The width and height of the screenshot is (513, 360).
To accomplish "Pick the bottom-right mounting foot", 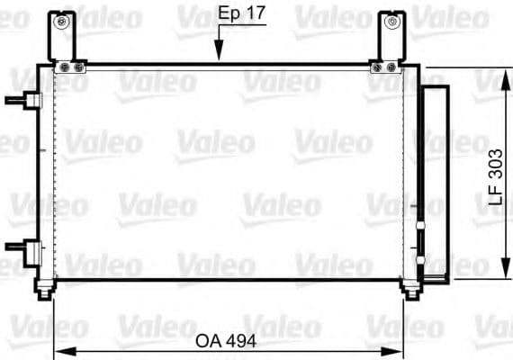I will [x=409, y=289].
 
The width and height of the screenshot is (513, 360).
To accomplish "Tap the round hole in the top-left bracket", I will [x=62, y=21].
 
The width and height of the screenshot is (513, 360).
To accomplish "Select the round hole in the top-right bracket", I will [x=391, y=21].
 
